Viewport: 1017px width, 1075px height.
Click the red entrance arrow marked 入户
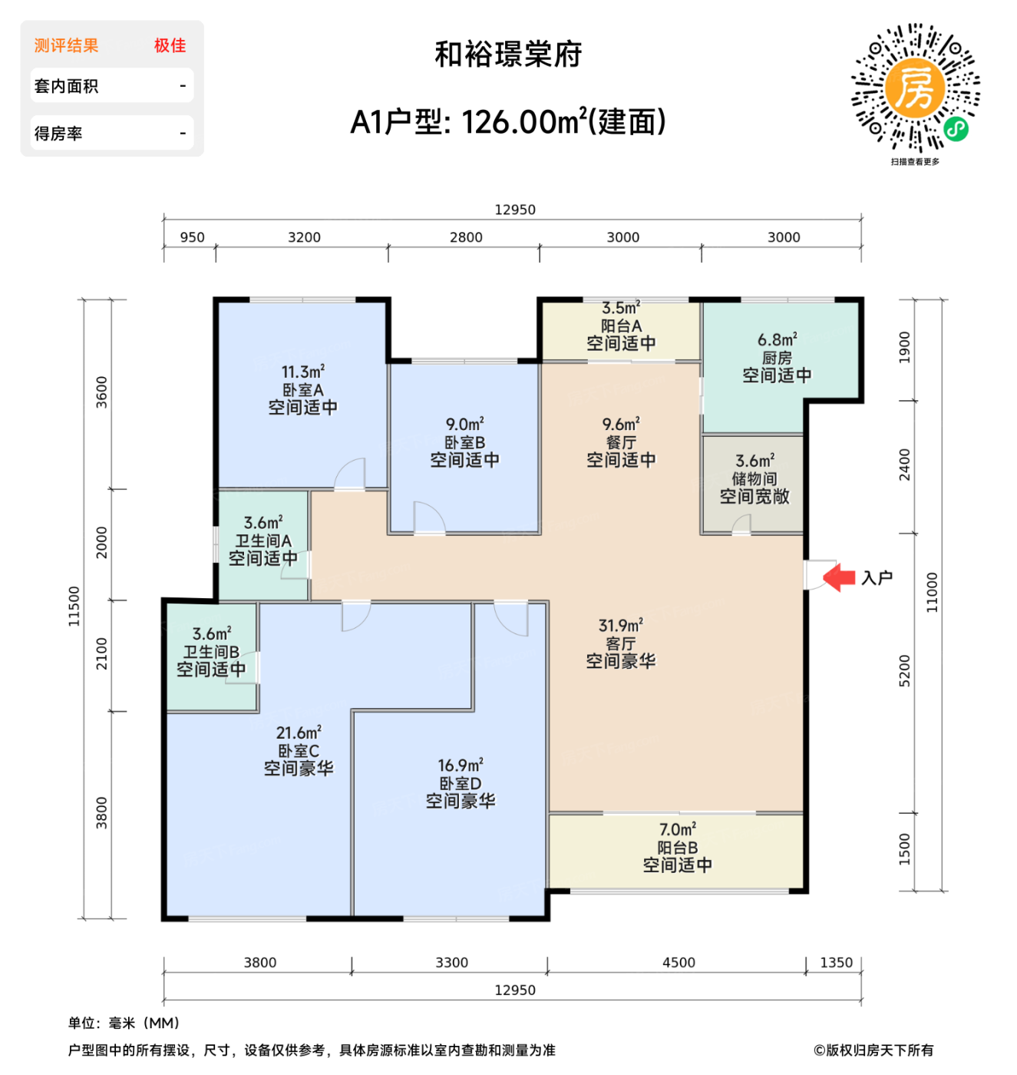(x=839, y=577)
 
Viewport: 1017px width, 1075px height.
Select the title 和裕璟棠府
(x=508, y=55)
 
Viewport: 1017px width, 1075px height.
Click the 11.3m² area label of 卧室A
(x=302, y=372)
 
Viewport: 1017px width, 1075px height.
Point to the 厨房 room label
(x=777, y=358)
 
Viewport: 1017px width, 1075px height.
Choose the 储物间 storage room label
(x=754, y=478)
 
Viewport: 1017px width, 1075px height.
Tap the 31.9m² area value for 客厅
(x=620, y=626)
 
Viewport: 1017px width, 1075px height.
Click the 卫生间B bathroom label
(x=211, y=652)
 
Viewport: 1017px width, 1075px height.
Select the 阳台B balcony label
(x=677, y=848)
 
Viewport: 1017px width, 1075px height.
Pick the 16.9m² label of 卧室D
(x=461, y=766)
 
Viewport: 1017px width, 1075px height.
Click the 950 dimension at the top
(x=192, y=237)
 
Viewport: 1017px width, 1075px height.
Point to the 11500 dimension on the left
(x=74, y=606)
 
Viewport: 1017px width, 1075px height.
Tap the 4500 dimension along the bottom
(x=679, y=963)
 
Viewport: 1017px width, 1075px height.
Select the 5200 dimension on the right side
(x=905, y=671)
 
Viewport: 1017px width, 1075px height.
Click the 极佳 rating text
(x=170, y=45)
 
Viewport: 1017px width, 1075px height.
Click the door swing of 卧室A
(x=350, y=474)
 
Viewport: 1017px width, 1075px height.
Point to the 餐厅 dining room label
(x=621, y=442)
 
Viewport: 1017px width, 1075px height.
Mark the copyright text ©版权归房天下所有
(x=873, y=1050)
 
